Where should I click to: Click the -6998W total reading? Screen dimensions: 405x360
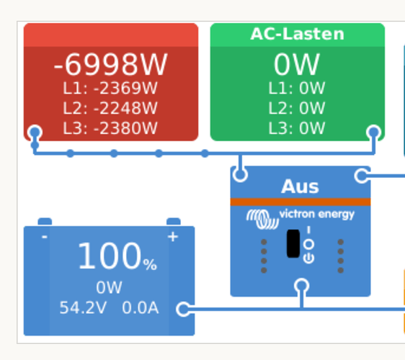110,64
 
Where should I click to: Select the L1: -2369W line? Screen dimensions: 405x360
110,89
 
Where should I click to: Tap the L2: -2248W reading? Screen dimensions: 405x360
110,108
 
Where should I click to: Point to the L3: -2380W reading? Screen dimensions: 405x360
110,128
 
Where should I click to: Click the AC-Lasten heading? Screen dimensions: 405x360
298,34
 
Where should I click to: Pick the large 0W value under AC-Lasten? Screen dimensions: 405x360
297,64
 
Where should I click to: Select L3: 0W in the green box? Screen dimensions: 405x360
297,128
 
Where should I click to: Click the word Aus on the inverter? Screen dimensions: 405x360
300,186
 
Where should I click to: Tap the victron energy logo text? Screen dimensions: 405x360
317,215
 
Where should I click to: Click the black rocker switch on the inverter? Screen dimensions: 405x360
293,243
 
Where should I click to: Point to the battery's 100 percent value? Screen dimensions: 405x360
117,256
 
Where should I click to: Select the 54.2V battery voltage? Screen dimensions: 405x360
83,307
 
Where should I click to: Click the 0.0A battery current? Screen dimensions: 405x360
141,307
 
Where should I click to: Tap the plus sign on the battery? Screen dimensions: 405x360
173,237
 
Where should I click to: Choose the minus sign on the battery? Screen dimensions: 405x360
45,237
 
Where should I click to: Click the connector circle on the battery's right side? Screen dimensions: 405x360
183,309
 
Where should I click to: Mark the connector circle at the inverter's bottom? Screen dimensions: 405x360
302,286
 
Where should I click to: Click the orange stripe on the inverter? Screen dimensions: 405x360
301,202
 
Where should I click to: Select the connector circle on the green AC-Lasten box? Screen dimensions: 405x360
374,132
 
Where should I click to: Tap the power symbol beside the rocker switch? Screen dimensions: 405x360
308,258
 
